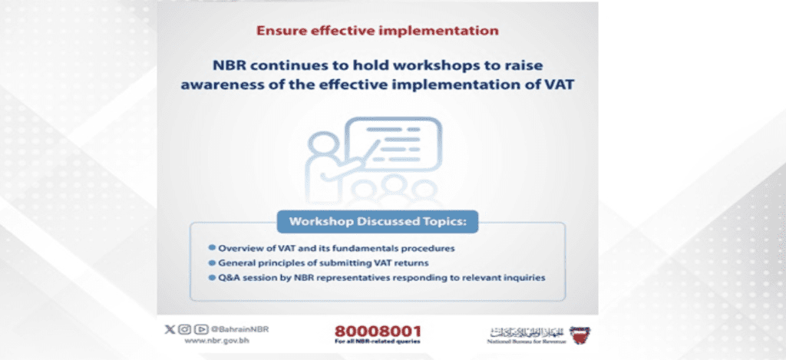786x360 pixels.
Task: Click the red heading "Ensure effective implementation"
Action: pyautogui.click(x=377, y=31)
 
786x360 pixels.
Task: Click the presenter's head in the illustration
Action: pyautogui.click(x=320, y=144)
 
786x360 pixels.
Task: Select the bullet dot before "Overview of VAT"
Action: pyautogui.click(x=211, y=249)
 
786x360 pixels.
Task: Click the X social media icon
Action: pyautogui.click(x=170, y=329)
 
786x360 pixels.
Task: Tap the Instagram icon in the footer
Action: pyautogui.click(x=184, y=329)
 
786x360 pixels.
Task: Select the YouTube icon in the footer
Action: pyautogui.click(x=200, y=329)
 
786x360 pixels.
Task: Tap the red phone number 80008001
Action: pyautogui.click(x=377, y=332)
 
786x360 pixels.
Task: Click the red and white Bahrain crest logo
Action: pyautogui.click(x=581, y=334)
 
